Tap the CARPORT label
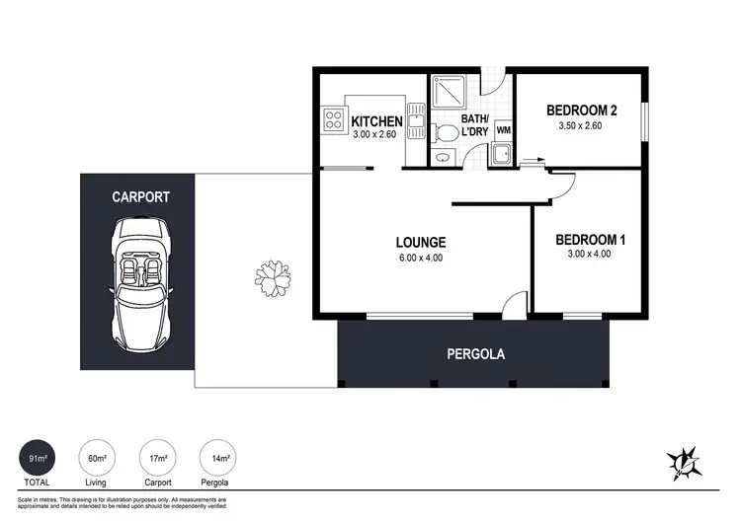tap(140, 197)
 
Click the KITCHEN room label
tap(376, 122)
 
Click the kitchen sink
tap(417, 128)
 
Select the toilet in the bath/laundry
tap(446, 131)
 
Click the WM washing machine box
tap(503, 129)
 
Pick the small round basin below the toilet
tap(442, 155)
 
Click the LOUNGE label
tap(421, 242)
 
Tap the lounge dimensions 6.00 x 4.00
tap(421, 259)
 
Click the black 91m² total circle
tap(38, 459)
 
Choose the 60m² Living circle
tap(97, 459)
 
